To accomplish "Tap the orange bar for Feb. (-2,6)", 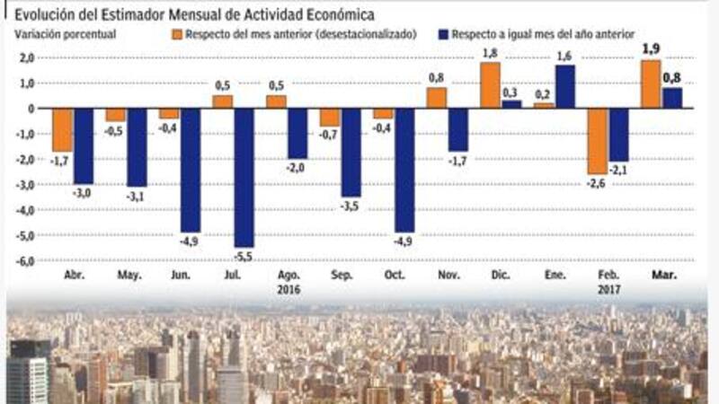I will click(x=596, y=141).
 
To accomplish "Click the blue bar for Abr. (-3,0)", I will click(x=84, y=146).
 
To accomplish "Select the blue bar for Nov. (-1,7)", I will click(x=458, y=129).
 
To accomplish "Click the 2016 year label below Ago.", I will click(x=288, y=291).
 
